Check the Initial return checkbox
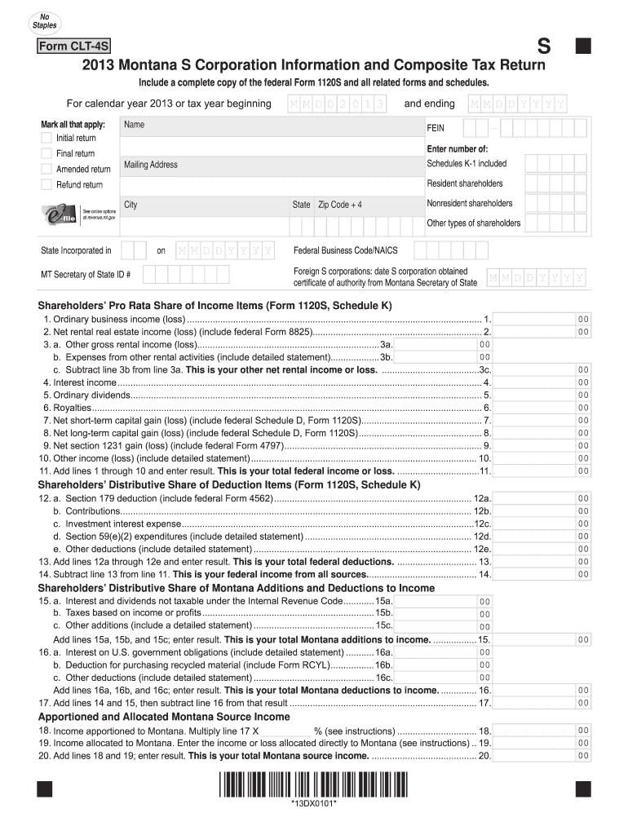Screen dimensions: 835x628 point(46,139)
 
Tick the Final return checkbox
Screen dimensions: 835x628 point(46,154)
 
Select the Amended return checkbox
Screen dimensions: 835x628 point(46,170)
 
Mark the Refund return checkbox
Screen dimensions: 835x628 point(46,185)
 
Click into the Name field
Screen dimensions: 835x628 point(269,133)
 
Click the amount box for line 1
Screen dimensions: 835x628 point(542,320)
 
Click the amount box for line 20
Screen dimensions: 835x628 point(542,756)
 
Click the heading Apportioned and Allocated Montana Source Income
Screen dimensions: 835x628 point(164,717)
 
